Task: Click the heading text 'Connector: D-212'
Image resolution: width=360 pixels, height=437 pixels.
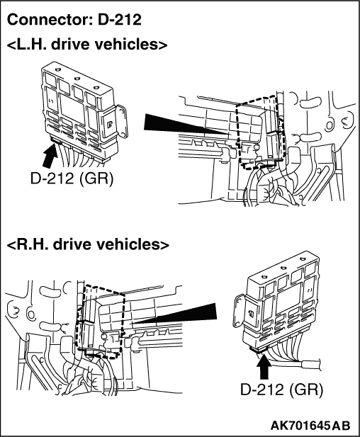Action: tap(74, 20)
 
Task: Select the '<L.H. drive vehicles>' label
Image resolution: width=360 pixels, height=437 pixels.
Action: tap(86, 45)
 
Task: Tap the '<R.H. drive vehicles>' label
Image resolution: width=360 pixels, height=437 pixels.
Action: tap(88, 244)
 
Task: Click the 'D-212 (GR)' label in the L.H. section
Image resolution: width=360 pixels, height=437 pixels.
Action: tap(72, 178)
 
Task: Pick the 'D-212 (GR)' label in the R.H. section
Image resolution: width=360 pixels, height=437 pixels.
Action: tap(281, 389)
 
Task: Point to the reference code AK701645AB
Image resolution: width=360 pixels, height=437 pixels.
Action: tap(310, 425)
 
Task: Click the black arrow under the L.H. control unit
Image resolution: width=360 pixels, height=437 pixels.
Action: tap(50, 156)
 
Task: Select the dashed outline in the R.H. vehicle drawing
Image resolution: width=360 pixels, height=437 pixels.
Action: tap(123, 321)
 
